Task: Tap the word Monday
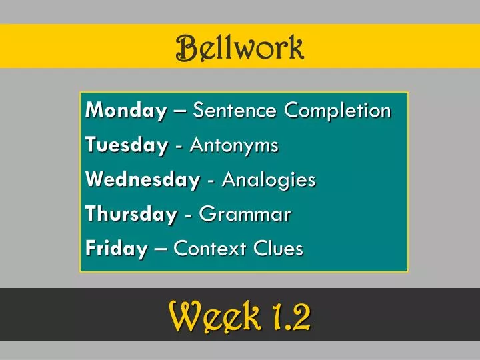point(126,111)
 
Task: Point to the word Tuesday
point(127,145)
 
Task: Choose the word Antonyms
point(234,145)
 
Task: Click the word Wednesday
point(143,180)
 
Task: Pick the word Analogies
point(269,180)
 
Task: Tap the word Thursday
point(131,215)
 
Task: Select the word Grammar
point(245,215)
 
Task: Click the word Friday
point(116,249)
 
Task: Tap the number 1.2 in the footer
point(291,316)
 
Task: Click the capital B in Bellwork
point(186,47)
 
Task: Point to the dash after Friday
point(160,250)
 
